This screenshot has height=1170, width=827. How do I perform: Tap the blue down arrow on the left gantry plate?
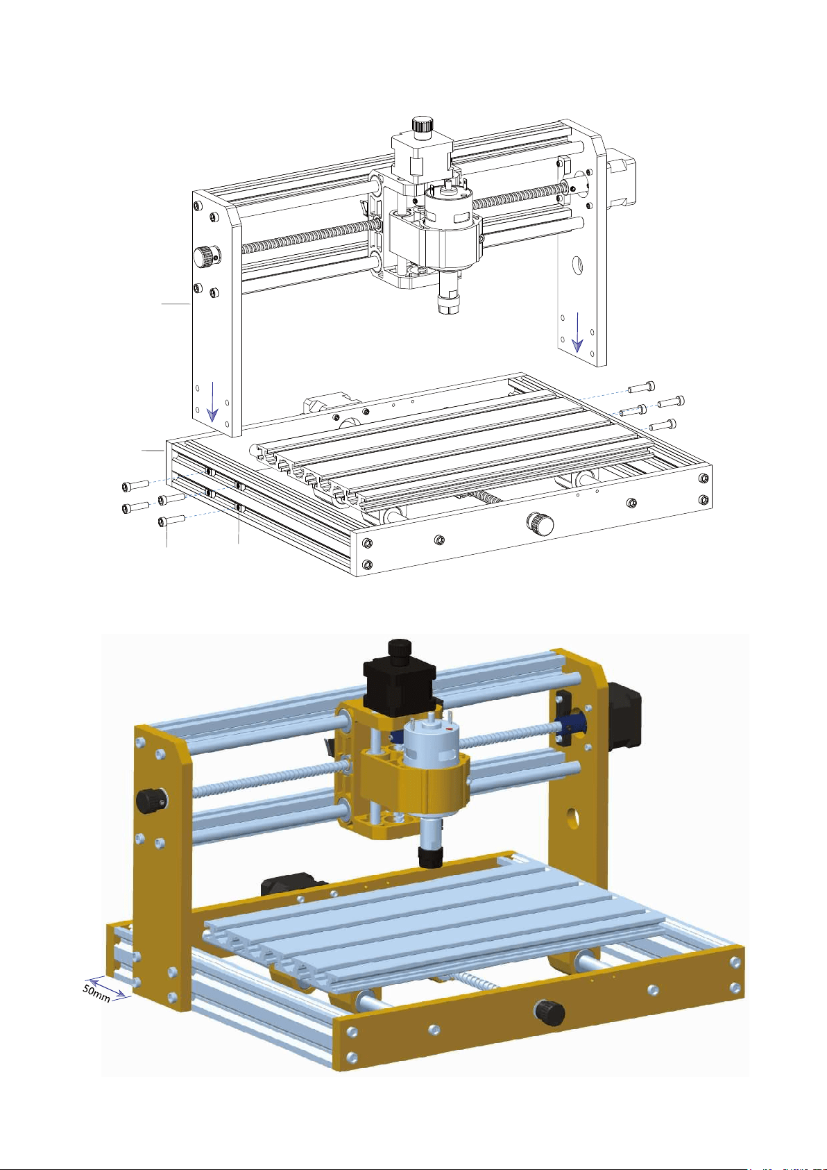(x=212, y=401)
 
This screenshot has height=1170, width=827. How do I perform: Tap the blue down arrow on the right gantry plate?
(x=577, y=332)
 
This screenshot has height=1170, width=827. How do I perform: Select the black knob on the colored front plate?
(x=549, y=1013)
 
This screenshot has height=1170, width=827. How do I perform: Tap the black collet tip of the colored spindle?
(x=430, y=857)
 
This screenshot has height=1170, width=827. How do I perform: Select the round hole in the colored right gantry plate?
(x=573, y=819)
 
